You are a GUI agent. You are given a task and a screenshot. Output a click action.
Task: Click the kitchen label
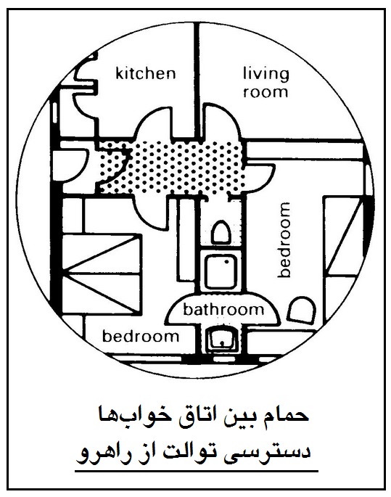coord(145,73)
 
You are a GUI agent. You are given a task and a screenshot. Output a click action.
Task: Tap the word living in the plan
coord(266,75)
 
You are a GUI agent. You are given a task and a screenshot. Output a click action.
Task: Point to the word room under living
coord(266,92)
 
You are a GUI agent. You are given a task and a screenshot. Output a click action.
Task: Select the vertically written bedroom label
coord(284,239)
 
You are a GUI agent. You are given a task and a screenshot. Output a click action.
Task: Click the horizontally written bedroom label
coord(141,336)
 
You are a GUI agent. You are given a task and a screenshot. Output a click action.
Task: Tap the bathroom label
coord(223,309)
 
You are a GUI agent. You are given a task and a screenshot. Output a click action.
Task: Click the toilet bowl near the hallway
coord(221,233)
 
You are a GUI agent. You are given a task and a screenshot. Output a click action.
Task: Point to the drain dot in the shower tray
coord(227,262)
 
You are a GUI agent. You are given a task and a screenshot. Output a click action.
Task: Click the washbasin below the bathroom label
coord(221,340)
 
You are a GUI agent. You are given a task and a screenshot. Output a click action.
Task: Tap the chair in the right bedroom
coord(302,310)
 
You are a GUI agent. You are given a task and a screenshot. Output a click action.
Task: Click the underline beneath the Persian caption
coord(197,472)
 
